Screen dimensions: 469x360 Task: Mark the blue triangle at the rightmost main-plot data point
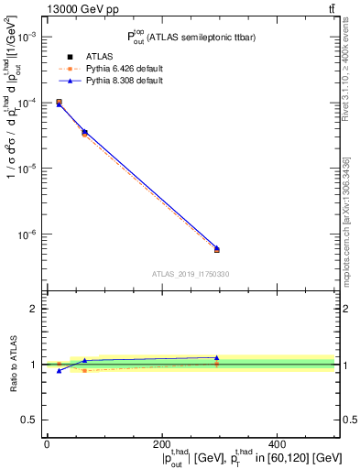pyautogui.click(x=217, y=247)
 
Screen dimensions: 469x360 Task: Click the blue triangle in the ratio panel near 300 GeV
pyautogui.click(x=217, y=358)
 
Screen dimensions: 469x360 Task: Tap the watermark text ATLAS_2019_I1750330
pyautogui.click(x=191, y=274)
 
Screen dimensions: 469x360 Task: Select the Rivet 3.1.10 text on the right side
pyautogui.click(x=347, y=78)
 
